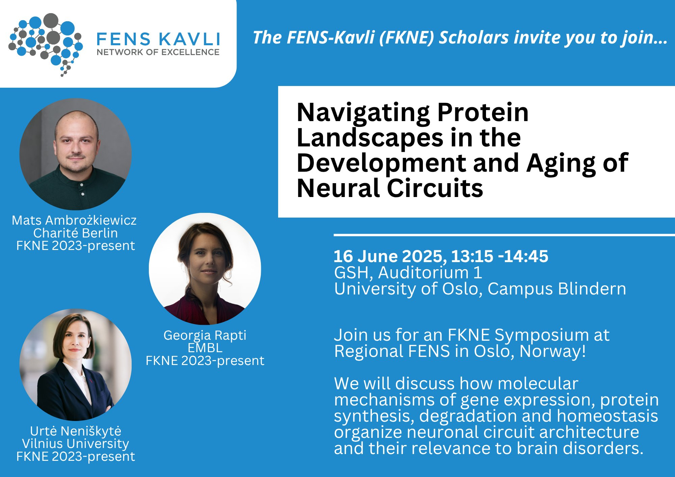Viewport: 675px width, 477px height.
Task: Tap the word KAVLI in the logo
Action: coord(189,39)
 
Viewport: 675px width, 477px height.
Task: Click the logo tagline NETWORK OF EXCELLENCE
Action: coord(158,52)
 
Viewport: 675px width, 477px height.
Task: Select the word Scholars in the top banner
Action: coord(474,37)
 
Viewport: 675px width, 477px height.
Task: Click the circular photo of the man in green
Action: coord(76,154)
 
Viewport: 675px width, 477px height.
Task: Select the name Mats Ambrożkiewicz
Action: coord(74,220)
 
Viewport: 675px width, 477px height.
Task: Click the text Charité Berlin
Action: coord(76,233)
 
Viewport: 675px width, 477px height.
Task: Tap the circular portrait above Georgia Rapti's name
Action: coord(205,269)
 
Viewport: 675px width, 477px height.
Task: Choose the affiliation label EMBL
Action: coord(205,348)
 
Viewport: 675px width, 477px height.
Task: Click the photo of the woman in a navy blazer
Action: coord(76,365)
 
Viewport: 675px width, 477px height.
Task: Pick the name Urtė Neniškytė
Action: coord(76,431)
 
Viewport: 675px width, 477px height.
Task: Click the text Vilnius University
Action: coord(76,444)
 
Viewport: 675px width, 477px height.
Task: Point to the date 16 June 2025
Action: coord(390,256)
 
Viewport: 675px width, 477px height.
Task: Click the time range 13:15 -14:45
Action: coord(500,256)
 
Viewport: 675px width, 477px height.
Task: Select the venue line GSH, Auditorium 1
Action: coord(408,273)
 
